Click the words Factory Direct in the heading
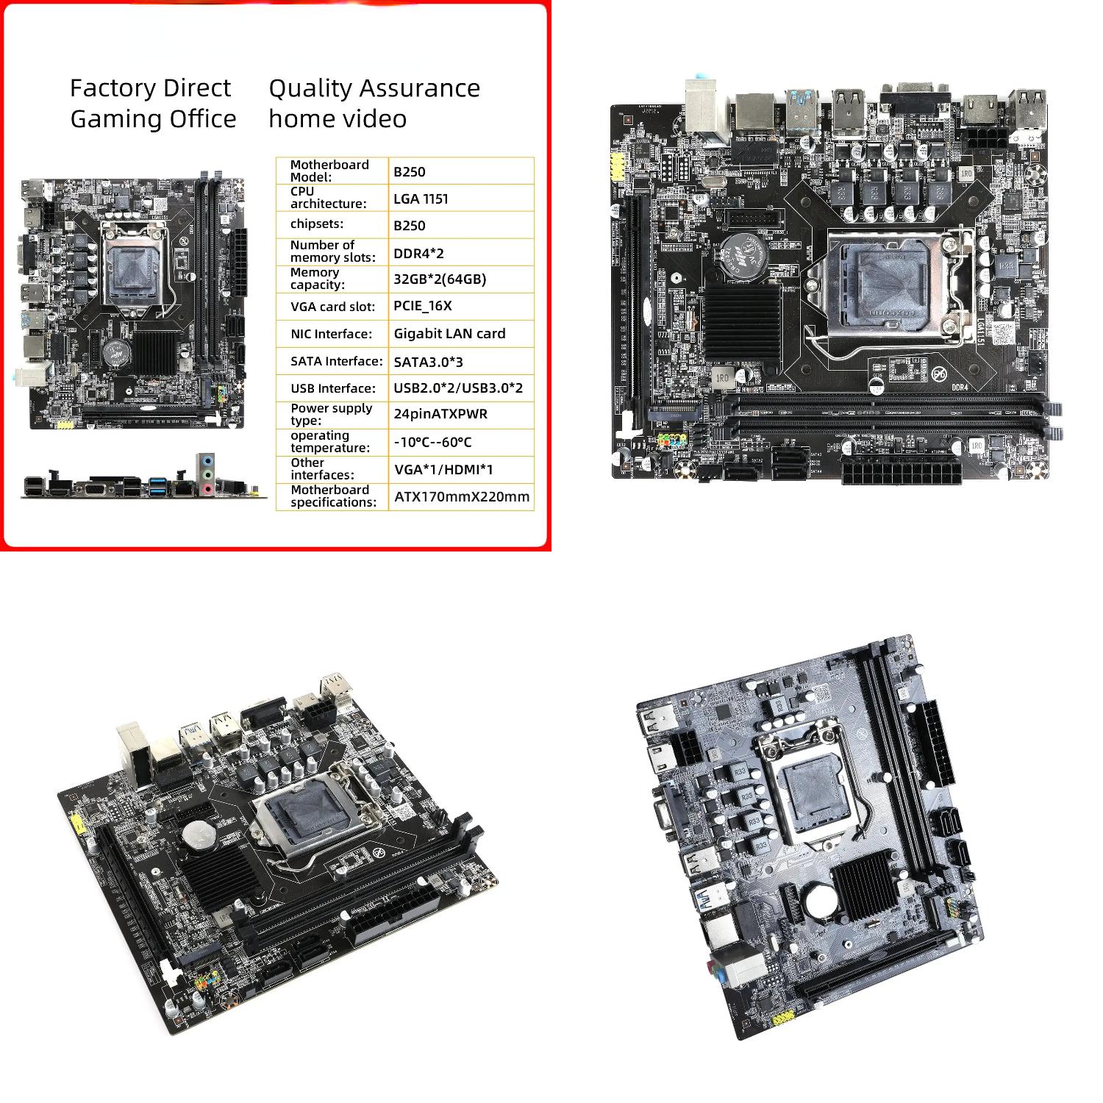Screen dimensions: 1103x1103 [150, 88]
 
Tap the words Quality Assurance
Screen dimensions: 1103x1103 [374, 88]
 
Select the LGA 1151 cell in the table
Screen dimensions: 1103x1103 [421, 199]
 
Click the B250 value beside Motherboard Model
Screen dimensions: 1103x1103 [410, 171]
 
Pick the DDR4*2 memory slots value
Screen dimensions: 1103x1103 [418, 253]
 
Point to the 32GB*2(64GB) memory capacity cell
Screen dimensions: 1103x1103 [440, 279]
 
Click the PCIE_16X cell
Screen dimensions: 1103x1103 [423, 306]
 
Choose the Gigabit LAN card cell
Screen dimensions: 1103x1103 [449, 333]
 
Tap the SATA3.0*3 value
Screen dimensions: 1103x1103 [428, 361]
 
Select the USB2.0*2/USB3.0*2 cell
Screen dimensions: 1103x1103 [458, 388]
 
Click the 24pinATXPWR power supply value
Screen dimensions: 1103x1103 [440, 414]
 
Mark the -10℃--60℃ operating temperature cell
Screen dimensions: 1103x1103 [432, 442]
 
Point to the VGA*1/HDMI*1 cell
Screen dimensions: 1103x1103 [443, 469]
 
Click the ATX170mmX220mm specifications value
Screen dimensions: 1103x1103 [462, 496]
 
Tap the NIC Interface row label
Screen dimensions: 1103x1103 [331, 334]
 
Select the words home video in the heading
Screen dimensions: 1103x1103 [338, 119]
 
